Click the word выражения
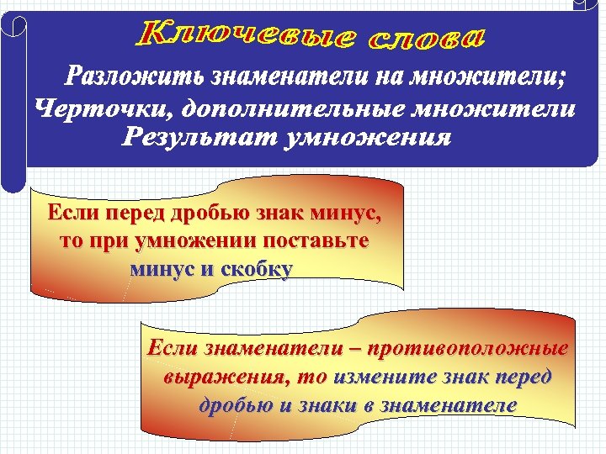click(210, 376)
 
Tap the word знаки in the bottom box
click(332, 404)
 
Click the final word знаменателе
click(449, 404)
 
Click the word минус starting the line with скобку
click(161, 270)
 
